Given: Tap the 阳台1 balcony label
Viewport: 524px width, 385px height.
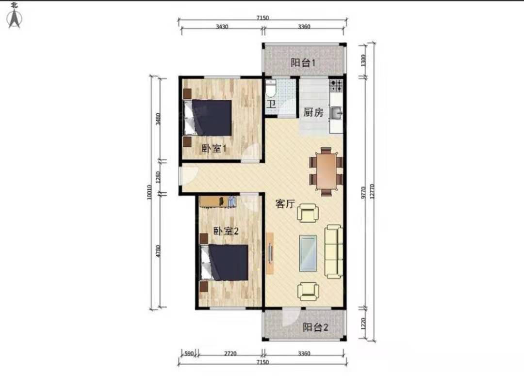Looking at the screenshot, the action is tap(303, 62).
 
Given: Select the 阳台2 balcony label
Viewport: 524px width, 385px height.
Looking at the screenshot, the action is tap(315, 327).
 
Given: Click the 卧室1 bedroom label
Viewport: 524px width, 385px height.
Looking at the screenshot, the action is tap(214, 148).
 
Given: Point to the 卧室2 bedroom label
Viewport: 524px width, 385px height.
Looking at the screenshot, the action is tap(226, 231).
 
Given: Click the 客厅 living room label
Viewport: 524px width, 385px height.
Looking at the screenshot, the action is tap(285, 203).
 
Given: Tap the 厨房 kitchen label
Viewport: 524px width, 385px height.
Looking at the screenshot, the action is tap(313, 112).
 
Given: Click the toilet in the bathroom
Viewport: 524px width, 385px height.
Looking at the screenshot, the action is tap(271, 89).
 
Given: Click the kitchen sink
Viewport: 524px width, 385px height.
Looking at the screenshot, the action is tap(336, 113).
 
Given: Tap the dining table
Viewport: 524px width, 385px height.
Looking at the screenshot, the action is tap(326, 171).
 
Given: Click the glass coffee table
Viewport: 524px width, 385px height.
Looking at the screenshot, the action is tap(308, 253).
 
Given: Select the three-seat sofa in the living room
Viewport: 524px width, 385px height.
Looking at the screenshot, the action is tap(334, 251).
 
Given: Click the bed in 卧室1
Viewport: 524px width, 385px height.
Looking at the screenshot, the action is tap(208, 118).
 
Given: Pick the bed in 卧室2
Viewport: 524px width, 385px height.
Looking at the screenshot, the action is tap(224, 262).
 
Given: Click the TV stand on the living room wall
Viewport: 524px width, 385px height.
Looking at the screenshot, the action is tap(270, 253).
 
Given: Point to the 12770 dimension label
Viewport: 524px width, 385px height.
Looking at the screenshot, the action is tap(372, 191).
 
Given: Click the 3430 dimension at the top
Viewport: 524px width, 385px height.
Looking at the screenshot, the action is tap(222, 26).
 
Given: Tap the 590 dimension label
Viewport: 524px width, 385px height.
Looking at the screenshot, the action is tap(189, 354).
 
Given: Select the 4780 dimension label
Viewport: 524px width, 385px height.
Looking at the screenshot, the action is tap(158, 251).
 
